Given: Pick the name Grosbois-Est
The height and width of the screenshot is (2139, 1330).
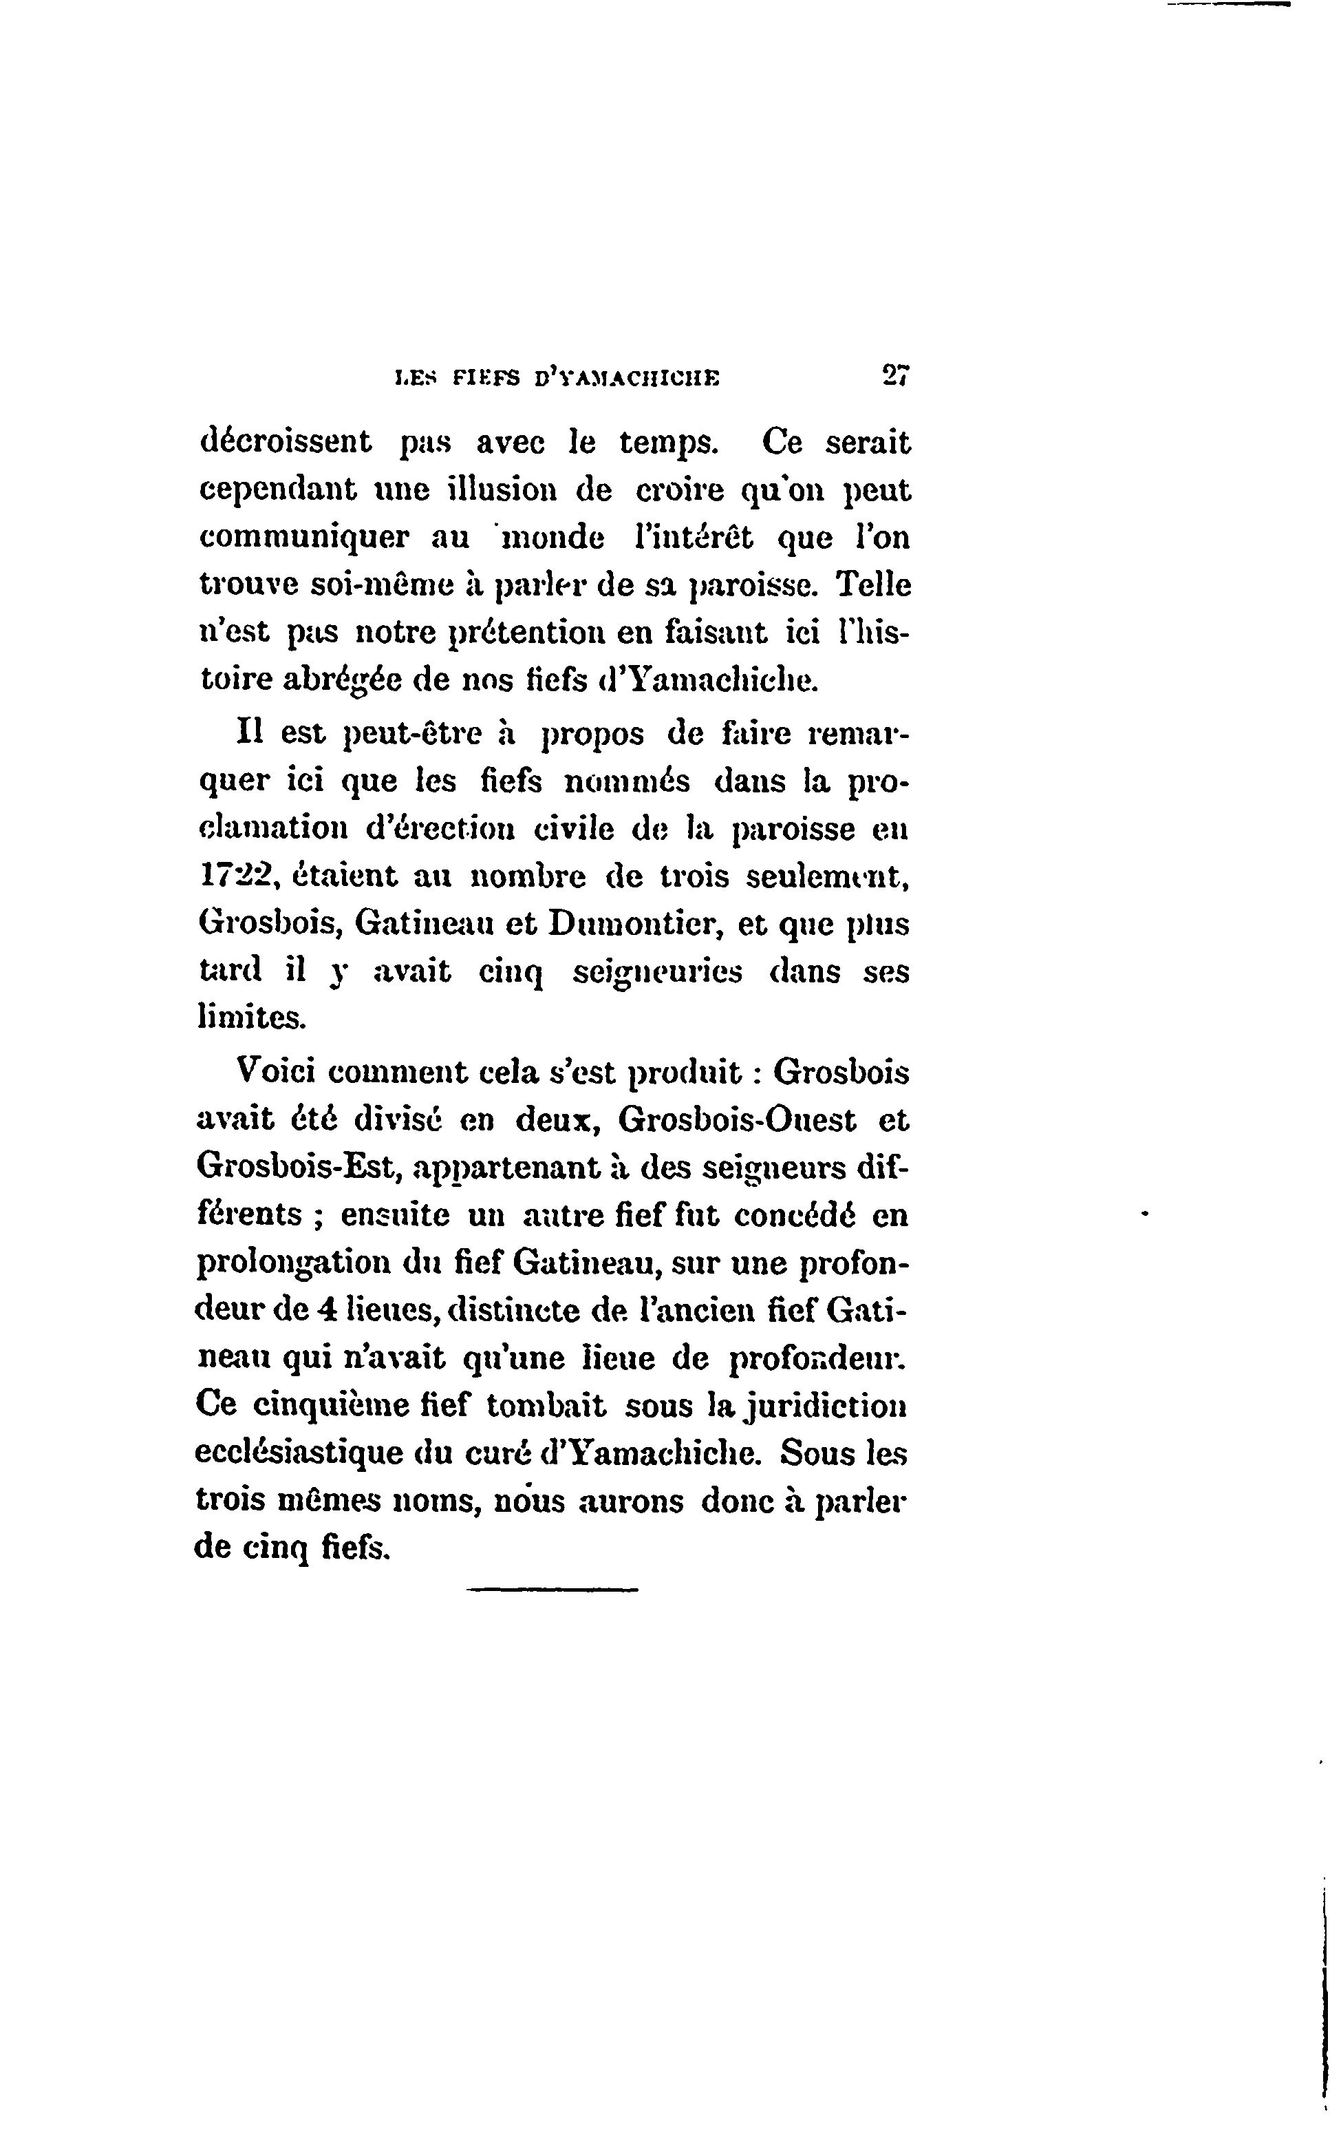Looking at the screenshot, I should [298, 1168].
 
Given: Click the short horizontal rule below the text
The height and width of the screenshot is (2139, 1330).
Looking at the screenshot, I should [552, 1588].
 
